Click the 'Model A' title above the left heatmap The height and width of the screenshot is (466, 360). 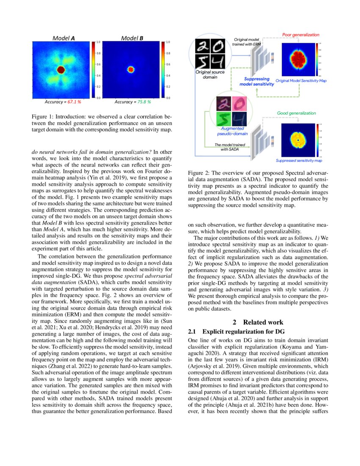point(64,38)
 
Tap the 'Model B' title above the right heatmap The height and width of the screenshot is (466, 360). point(132,38)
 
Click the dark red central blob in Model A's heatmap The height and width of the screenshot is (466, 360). point(61,69)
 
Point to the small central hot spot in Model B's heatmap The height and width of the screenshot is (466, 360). point(131,69)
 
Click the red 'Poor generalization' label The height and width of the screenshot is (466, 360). point(300,35)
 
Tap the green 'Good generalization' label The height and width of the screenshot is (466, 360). point(296,113)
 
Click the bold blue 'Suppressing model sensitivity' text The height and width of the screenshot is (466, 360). point(257,81)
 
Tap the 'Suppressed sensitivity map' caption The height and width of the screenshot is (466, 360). point(299,161)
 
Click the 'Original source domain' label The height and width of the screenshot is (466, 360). point(210,75)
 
